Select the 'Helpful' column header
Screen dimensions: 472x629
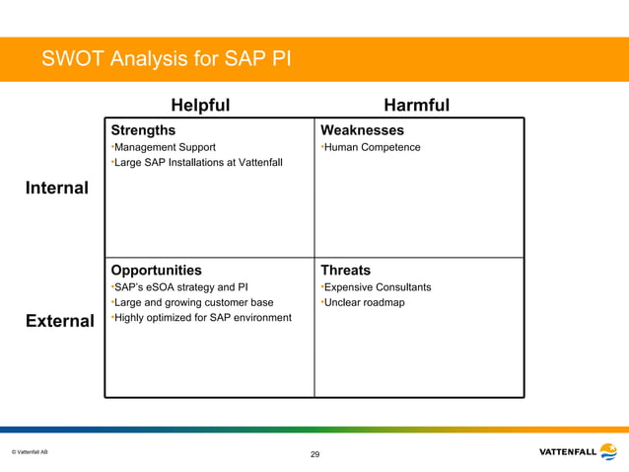[200, 106]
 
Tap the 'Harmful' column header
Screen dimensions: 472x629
[416, 106]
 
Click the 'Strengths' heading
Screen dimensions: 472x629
[143, 130]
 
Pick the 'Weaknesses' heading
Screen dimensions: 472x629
[362, 130]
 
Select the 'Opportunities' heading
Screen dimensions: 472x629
[156, 270]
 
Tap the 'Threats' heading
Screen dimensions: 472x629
[345, 270]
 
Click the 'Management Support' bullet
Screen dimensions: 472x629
[165, 148]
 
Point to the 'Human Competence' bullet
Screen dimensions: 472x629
[371, 148]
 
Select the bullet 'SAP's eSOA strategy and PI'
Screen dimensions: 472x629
[181, 287]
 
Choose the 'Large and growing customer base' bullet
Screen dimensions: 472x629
[193, 302]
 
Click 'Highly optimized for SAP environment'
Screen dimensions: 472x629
[202, 317]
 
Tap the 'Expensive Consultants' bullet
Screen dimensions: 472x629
[378, 287]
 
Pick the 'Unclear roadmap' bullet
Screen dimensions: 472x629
[364, 302]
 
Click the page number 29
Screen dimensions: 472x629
[314, 454]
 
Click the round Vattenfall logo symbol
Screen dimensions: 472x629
[608, 451]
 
